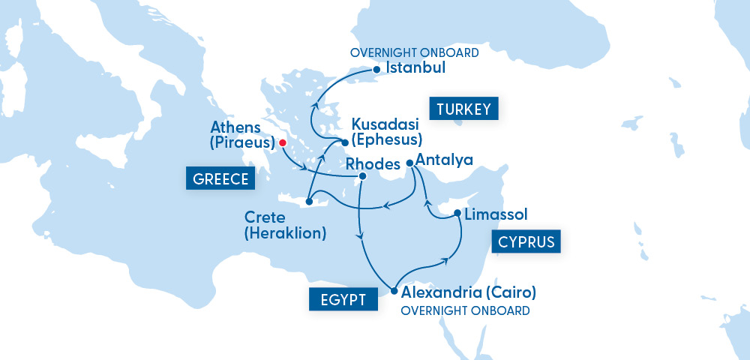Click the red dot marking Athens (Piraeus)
283,142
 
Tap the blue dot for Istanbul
376,70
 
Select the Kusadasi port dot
345,142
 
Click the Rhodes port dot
362,177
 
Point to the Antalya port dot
409,163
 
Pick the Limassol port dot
457,214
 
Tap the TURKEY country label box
463,109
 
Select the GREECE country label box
220,180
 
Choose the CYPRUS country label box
526,242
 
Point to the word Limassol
496,215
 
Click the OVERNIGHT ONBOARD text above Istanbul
415,53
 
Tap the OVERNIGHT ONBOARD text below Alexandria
466,310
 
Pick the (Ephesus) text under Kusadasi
388,139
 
